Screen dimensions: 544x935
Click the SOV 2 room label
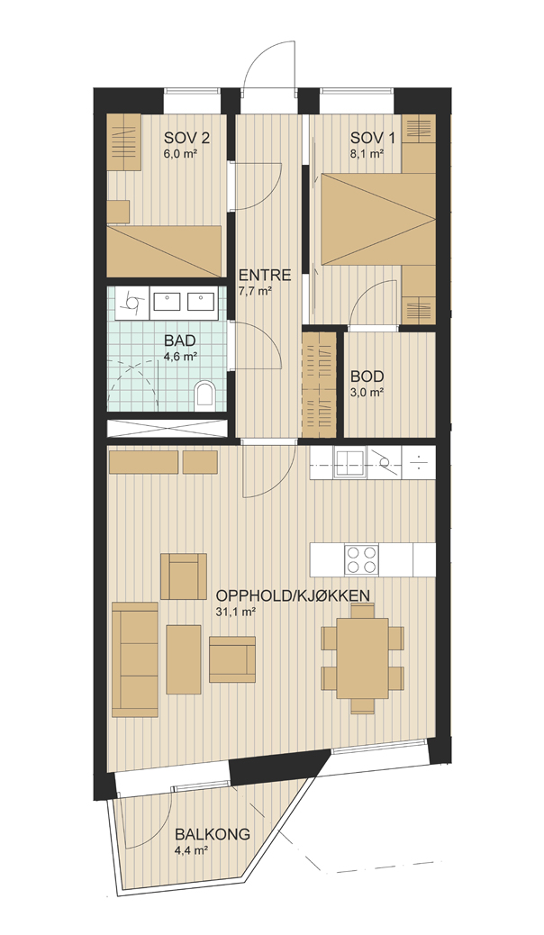(x=186, y=139)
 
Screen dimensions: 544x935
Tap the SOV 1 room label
(x=373, y=139)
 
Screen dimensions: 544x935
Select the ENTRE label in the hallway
(x=265, y=276)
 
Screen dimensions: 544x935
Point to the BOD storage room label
(x=367, y=377)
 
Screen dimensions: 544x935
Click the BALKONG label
(x=212, y=835)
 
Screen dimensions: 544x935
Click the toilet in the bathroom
(x=204, y=395)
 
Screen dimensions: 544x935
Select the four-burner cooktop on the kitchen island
(x=362, y=560)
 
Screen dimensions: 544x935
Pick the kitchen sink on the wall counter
(x=350, y=463)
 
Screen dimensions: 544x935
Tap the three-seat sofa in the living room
(x=135, y=659)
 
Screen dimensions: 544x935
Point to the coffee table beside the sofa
(x=184, y=659)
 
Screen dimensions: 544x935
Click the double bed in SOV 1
(x=377, y=219)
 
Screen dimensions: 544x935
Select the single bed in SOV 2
(x=165, y=251)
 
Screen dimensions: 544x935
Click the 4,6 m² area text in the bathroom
(x=181, y=356)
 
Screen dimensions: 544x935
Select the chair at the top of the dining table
(x=363, y=611)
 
